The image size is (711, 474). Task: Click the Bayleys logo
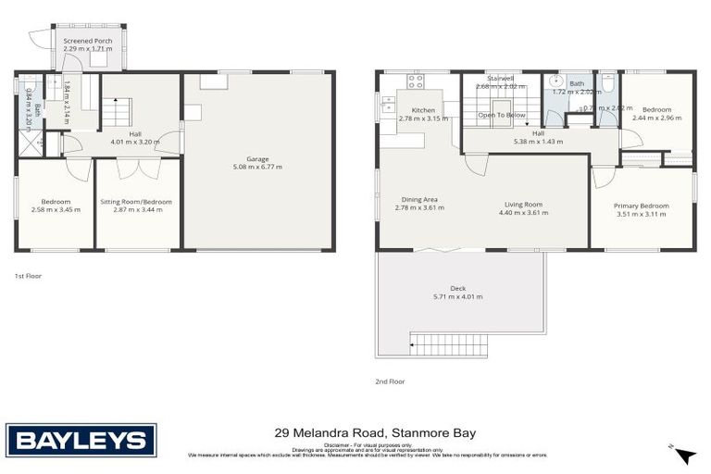(81, 440)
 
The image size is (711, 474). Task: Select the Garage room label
(258, 159)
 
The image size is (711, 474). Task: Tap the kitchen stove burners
(415, 81)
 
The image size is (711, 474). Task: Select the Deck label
(458, 287)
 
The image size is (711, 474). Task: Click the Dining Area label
(419, 199)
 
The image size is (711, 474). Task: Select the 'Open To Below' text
(501, 115)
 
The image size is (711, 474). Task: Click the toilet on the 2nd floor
(608, 83)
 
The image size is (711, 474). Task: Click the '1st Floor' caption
(28, 276)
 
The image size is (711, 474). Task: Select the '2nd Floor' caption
(390, 380)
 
